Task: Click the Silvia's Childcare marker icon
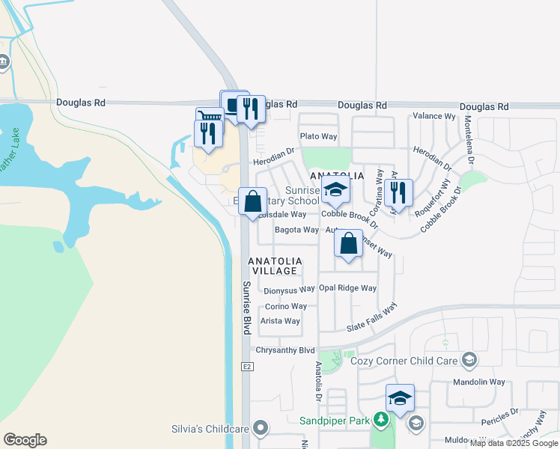(261, 428)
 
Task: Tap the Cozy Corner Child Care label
(404, 361)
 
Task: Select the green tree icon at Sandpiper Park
(381, 420)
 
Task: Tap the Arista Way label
(280, 321)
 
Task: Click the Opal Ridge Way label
(347, 288)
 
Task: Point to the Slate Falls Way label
(372, 320)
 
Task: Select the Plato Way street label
(318, 136)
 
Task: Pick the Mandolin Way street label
(479, 382)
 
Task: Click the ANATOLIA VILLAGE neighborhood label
(276, 266)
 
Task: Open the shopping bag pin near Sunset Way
(348, 245)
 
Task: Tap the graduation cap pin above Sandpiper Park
(400, 398)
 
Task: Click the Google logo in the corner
(25, 440)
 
